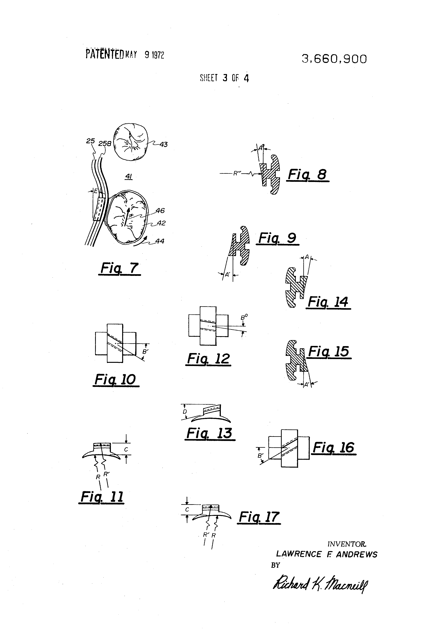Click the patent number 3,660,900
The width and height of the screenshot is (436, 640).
tap(334, 59)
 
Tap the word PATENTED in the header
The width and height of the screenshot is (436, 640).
tap(104, 54)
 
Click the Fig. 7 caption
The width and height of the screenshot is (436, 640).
tap(119, 268)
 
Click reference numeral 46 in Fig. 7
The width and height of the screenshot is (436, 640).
tap(160, 211)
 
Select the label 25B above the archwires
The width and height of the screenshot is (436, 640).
tap(105, 143)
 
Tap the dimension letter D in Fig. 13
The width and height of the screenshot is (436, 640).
tap(185, 412)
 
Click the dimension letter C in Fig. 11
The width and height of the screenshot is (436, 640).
tap(126, 449)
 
